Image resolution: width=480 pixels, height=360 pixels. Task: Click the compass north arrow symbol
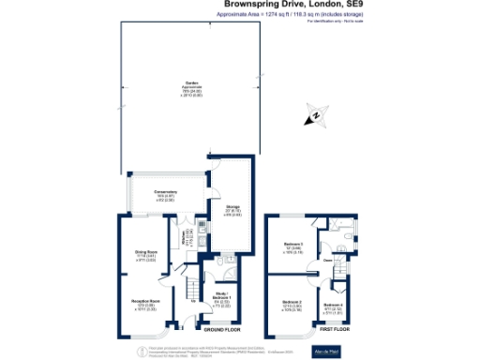point(316,117)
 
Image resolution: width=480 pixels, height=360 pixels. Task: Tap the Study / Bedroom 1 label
point(222,300)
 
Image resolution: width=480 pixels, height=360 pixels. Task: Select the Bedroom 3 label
point(293,247)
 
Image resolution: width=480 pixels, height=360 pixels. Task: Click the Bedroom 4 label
point(334,308)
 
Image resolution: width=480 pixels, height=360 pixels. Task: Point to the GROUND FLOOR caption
point(222,330)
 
